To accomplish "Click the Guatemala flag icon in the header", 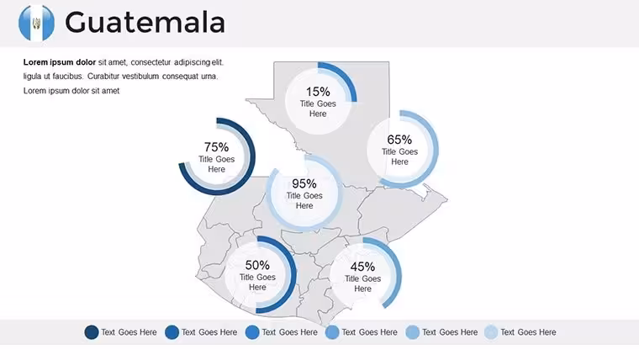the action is click(36, 23).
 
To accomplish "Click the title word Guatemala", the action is click(145, 23).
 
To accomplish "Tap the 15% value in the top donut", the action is click(318, 92).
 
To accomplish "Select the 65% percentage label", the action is click(399, 140).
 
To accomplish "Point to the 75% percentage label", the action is click(216, 146).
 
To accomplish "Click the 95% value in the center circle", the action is click(304, 183).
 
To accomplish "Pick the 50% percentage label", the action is click(257, 265).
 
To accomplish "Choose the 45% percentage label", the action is click(362, 267).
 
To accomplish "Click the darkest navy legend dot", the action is click(92, 332).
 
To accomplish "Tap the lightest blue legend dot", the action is click(491, 332).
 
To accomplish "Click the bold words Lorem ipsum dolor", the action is click(60, 62).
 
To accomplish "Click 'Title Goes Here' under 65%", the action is click(399, 156).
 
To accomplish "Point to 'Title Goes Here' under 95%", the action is click(304, 200).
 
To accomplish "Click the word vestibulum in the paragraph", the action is click(140, 77).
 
